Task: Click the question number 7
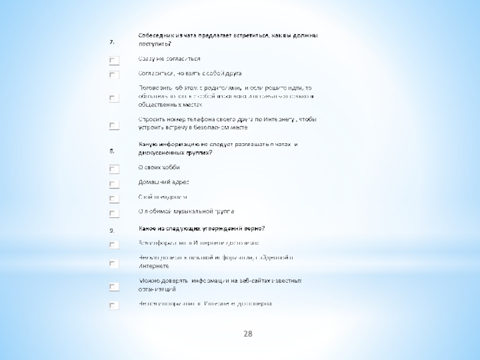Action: point(112,42)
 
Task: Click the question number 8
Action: point(112,151)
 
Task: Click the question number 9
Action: point(112,230)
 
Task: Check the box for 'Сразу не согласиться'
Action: point(114,60)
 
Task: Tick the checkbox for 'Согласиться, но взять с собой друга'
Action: point(114,74)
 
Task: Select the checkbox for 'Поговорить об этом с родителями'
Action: point(114,97)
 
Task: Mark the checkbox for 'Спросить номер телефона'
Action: point(114,125)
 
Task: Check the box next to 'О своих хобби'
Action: point(114,169)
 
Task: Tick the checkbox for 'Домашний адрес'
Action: point(114,184)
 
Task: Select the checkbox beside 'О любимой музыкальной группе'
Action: point(114,213)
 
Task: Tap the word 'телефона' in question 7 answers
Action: point(190,120)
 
